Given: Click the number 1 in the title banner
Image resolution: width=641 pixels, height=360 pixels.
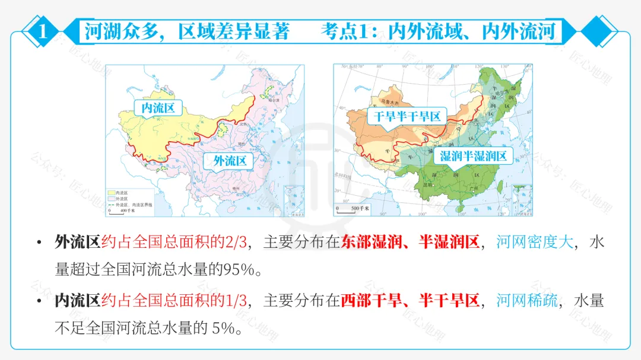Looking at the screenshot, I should pos(42,31).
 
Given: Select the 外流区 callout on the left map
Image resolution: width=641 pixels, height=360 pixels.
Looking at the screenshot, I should pos(225,161).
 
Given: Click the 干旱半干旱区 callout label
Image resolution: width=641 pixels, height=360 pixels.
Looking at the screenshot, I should pos(407,116).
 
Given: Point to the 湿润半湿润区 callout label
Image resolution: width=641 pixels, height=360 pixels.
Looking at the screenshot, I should pos(473,156).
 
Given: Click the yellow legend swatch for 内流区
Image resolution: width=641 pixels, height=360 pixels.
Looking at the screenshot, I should pos(111,193).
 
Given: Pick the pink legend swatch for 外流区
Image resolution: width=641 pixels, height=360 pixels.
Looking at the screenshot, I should pos(111,198).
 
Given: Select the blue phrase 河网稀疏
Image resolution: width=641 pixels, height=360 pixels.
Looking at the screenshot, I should pos(526,301).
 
